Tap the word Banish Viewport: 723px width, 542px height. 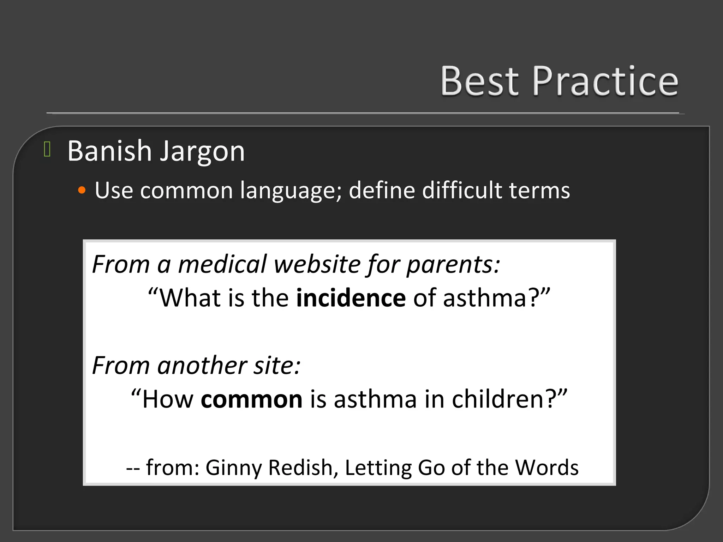tap(109, 151)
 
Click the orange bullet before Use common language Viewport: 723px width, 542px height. tap(82, 191)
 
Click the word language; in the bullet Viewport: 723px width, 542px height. tap(291, 191)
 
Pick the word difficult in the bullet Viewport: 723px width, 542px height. tap(462, 190)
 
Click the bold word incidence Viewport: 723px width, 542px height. tap(351, 298)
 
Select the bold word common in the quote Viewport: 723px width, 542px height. tap(251, 399)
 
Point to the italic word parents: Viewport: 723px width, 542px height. tap(453, 265)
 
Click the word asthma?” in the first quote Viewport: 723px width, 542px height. tap(496, 298)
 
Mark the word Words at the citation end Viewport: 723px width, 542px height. tap(547, 467)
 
